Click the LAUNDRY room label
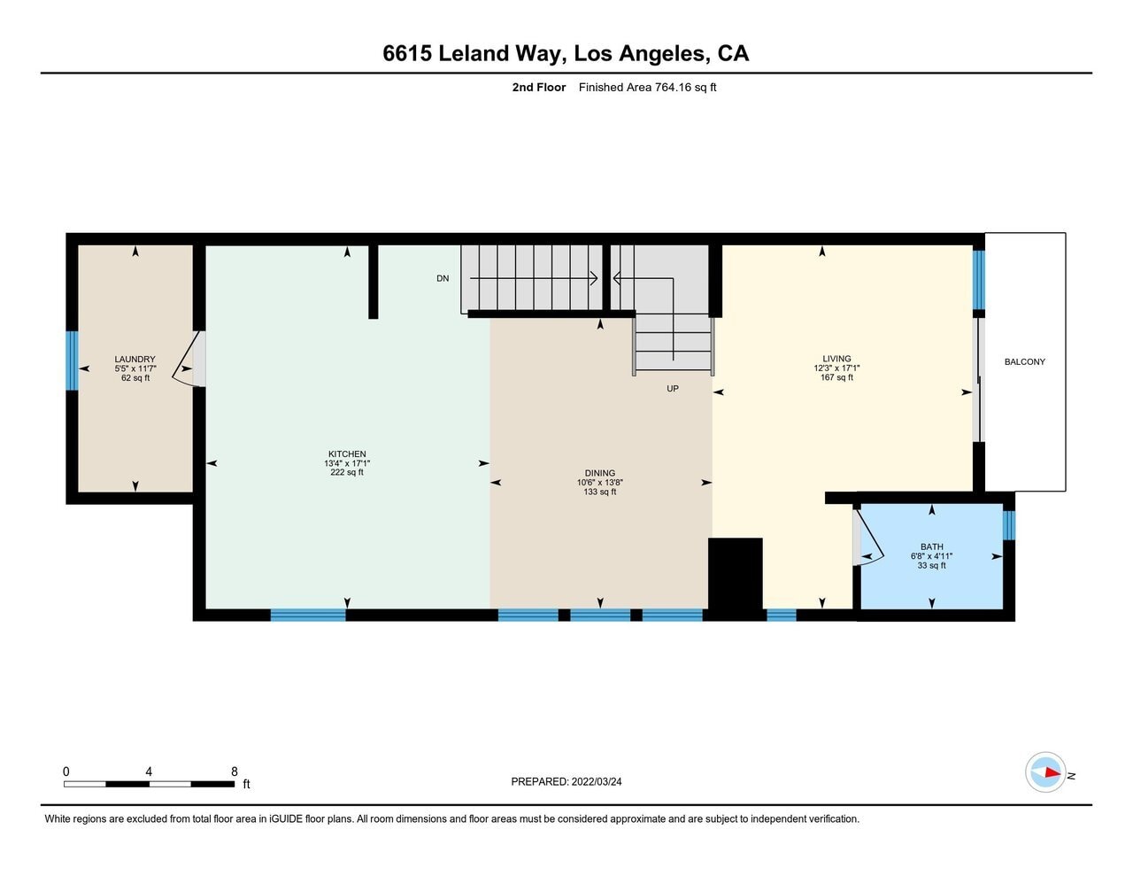135,360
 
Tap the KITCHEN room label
347,454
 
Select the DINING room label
599,473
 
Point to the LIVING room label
836,359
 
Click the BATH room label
931,547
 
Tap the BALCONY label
1024,361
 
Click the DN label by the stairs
443,278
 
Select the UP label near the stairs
673,389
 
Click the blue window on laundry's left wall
72,360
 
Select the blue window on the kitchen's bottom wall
308,615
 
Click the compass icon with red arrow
1045,772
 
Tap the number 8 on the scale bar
234,771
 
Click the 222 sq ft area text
347,473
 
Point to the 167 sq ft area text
836,378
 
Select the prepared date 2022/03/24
596,781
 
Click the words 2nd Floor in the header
538,87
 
